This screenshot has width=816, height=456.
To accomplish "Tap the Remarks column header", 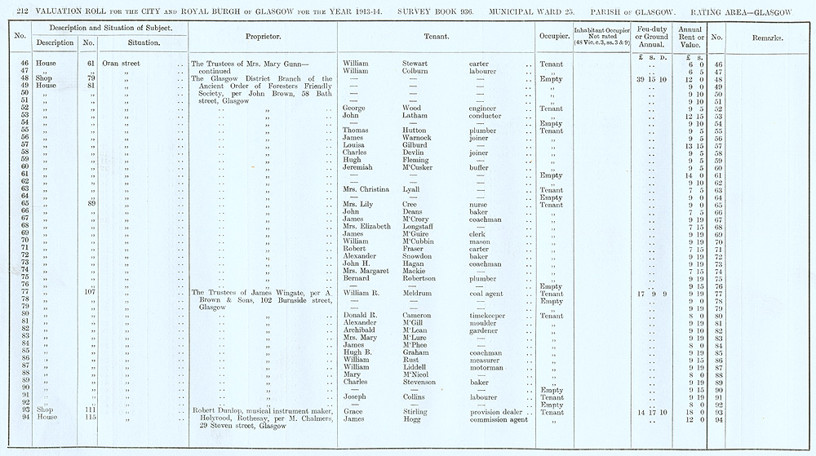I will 767,38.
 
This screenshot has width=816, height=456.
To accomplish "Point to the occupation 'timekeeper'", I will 489,315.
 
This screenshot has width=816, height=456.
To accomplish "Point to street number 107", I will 91,293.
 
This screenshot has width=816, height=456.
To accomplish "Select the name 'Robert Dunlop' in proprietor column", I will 215,412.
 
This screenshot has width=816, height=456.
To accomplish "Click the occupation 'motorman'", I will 487,367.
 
